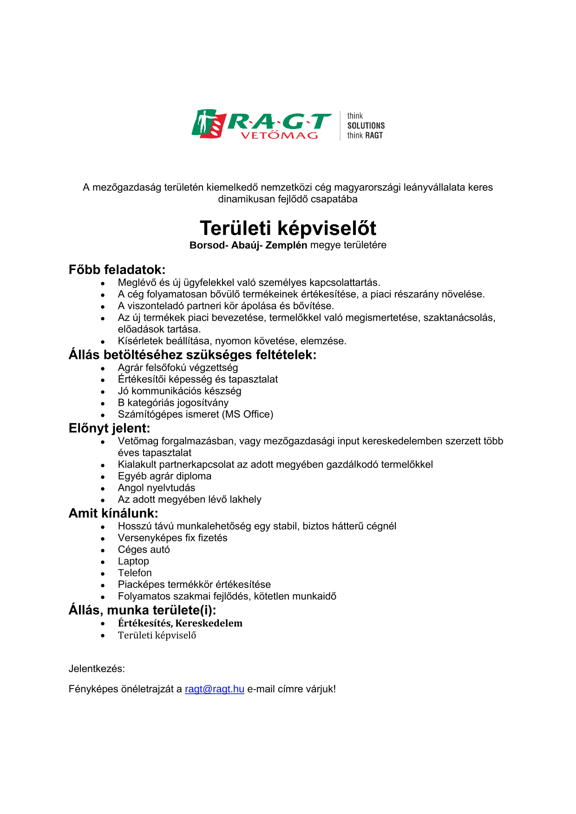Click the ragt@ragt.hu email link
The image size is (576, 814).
pyautogui.click(x=214, y=689)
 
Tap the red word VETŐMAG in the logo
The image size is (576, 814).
pyautogui.click(x=279, y=136)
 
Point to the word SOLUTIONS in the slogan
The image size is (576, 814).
pyautogui.click(x=366, y=126)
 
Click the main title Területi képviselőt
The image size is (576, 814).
pyautogui.click(x=288, y=228)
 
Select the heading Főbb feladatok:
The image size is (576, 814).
pyautogui.click(x=117, y=270)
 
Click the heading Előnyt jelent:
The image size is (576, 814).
pyautogui.click(x=110, y=428)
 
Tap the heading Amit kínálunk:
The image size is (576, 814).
pyautogui.click(x=113, y=513)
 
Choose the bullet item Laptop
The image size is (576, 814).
pyautogui.click(x=133, y=561)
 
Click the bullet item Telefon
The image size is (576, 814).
pyautogui.click(x=135, y=573)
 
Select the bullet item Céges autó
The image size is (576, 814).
pyautogui.click(x=144, y=550)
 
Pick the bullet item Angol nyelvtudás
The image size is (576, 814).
pyautogui.click(x=157, y=488)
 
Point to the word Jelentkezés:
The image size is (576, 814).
pyautogui.click(x=97, y=669)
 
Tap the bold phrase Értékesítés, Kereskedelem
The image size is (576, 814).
pyautogui.click(x=180, y=623)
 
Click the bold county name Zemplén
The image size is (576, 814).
pyautogui.click(x=286, y=245)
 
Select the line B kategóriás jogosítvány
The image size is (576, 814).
pyautogui.click(x=173, y=403)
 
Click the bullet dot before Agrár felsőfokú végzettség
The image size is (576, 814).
pyautogui.click(x=103, y=368)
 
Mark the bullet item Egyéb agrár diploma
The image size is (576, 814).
pyautogui.click(x=164, y=476)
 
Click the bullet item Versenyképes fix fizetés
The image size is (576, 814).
pyautogui.click(x=173, y=538)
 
